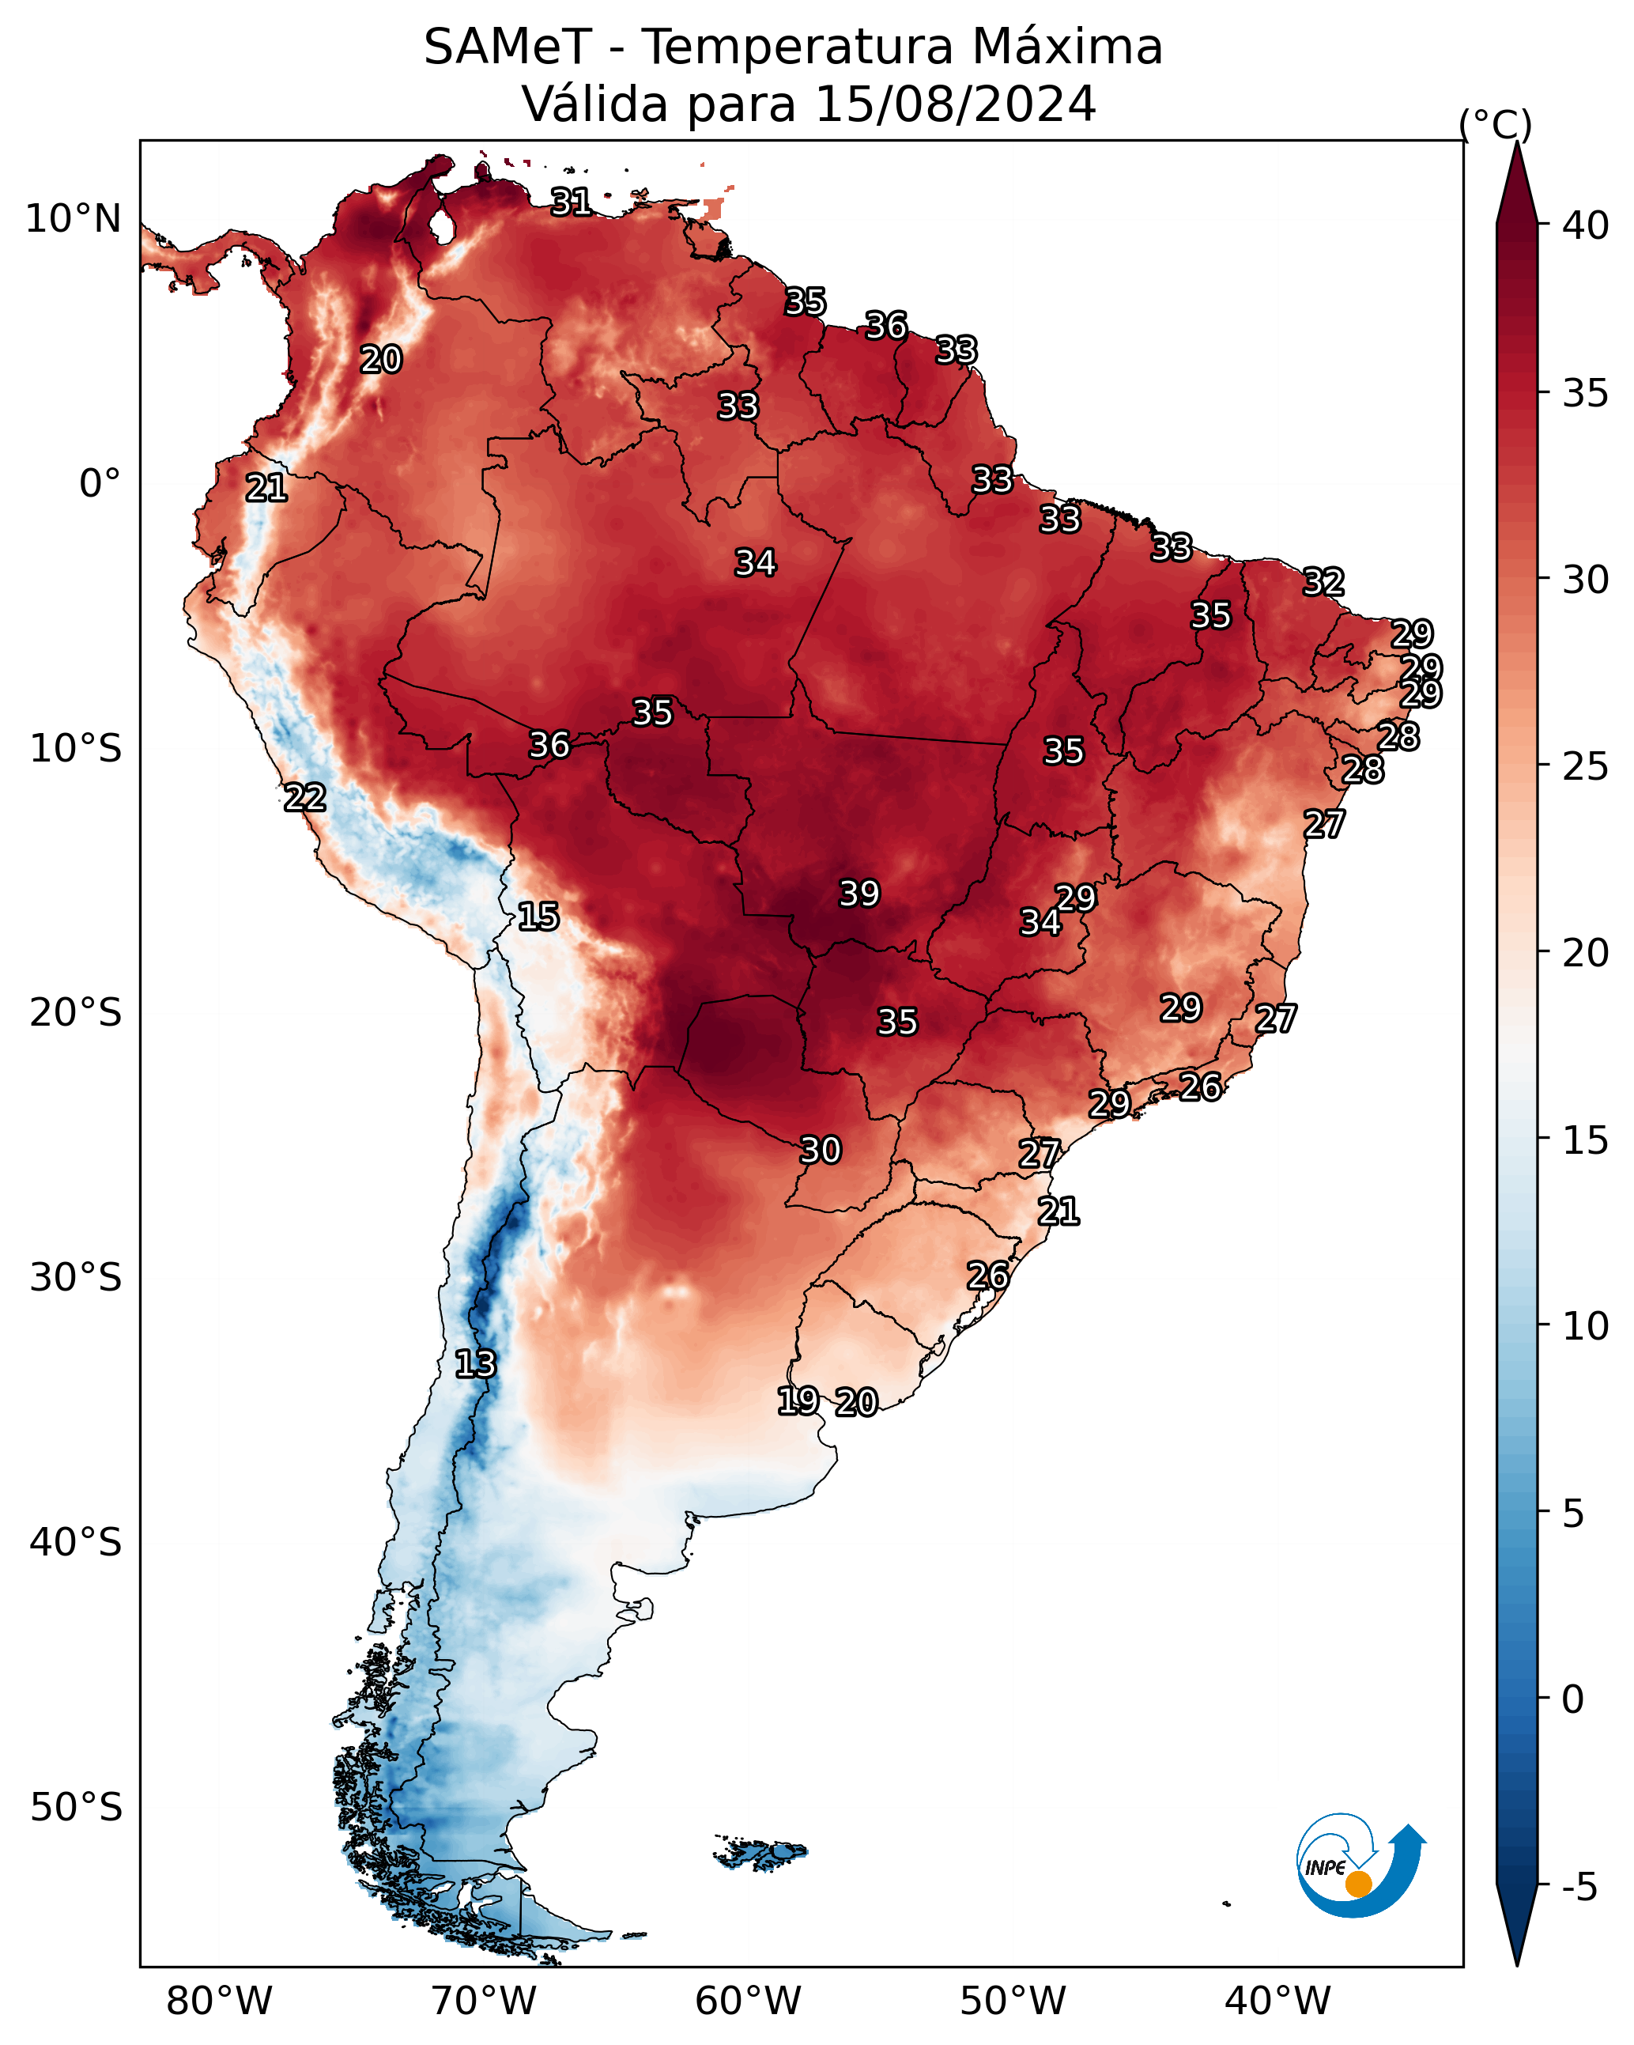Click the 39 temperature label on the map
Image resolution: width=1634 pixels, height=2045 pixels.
point(859,894)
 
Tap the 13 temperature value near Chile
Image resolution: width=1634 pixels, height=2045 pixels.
point(475,1364)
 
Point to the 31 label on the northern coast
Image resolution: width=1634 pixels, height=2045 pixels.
point(572,201)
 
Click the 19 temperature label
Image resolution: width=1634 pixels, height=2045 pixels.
point(798,1400)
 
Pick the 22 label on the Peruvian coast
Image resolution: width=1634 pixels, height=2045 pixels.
point(305,798)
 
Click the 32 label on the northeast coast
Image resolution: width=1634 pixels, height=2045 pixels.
point(1323,581)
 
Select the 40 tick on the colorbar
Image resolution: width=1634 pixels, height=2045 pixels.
point(1586,225)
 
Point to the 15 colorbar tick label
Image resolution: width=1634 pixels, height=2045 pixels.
point(1586,1140)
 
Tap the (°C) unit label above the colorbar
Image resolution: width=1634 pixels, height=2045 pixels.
point(1496,124)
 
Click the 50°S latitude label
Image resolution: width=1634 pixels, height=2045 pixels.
point(76,1808)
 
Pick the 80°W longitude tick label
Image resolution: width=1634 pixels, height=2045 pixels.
point(219,2001)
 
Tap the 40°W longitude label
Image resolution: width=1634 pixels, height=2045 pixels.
point(1277,2001)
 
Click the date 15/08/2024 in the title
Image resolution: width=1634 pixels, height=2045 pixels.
point(955,104)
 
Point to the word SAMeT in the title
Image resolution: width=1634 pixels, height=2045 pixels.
point(508,47)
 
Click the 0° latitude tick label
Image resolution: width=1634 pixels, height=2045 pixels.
point(100,484)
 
